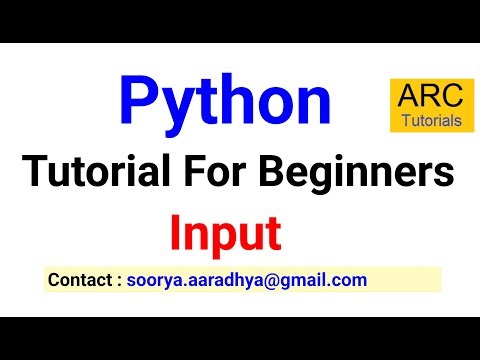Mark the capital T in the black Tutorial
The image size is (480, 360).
tap(34, 175)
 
